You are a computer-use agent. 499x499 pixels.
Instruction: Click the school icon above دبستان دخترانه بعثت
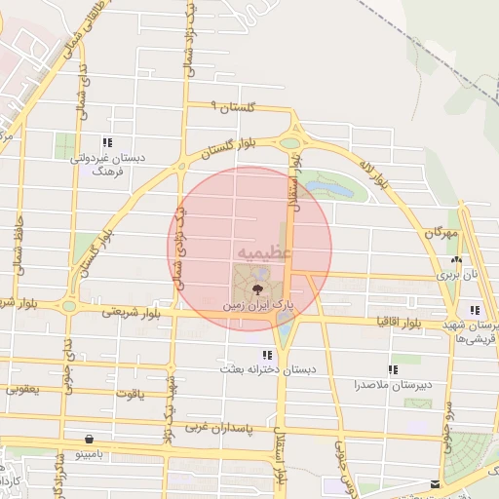266,356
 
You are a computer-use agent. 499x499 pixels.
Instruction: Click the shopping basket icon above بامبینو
91,440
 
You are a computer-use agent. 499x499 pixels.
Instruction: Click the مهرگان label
440,235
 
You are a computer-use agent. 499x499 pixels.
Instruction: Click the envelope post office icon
435,484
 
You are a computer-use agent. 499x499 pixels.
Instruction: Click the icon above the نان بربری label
457,259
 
